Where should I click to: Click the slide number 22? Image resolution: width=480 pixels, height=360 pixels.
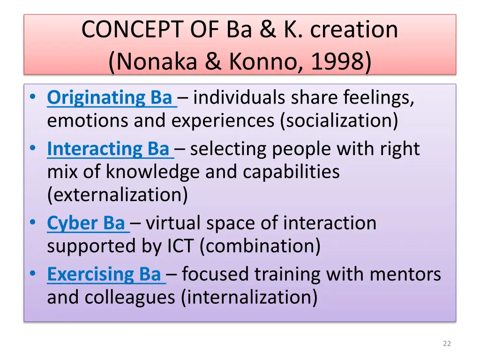pos(447,344)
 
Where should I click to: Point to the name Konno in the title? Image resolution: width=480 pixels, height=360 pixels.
pos(263,61)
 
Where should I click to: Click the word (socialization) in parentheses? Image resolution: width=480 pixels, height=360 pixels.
pos(338,121)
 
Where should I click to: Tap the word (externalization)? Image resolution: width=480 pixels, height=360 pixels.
pos(117,195)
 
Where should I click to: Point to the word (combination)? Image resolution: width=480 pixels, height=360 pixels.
pos(260,246)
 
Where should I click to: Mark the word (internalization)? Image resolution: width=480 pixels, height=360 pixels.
pos(249,297)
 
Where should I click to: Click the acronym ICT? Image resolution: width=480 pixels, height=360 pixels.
pos(181,246)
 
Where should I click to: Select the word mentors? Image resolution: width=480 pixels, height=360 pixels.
pos(405,274)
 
